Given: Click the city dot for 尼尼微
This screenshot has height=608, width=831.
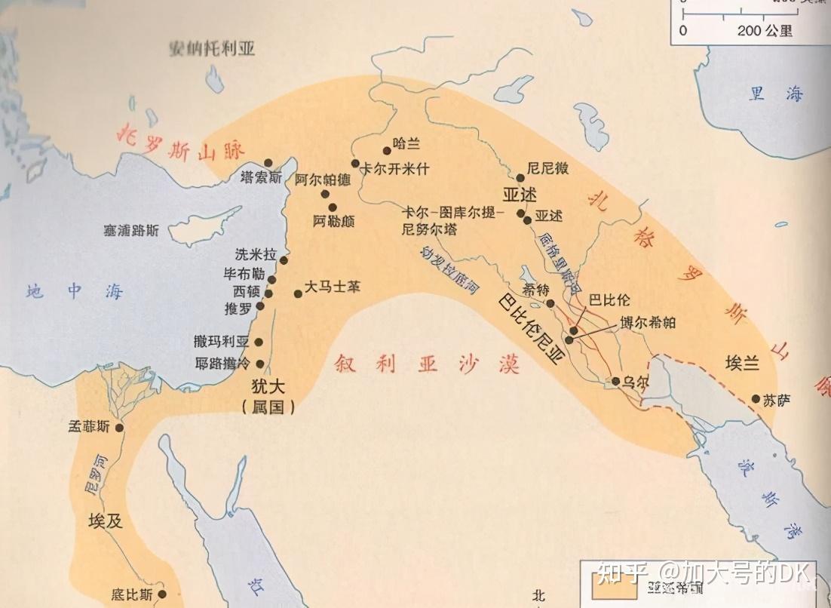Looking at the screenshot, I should click(520, 178).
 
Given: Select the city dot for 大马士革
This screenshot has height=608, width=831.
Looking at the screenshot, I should click(299, 293).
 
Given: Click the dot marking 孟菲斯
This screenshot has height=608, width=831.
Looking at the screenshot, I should click(119, 428).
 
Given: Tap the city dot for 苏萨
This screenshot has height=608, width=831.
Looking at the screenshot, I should click(756, 399).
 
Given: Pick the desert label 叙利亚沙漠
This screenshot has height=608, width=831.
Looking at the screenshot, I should click(428, 364).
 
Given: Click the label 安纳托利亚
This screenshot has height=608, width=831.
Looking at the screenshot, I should click(213, 49).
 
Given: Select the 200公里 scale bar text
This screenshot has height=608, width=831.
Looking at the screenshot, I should click(766, 31).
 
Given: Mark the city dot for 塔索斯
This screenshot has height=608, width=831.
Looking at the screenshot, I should click(268, 163).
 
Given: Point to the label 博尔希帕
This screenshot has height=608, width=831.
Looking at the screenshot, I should click(647, 322).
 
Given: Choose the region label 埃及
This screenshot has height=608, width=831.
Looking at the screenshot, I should click(106, 521).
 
